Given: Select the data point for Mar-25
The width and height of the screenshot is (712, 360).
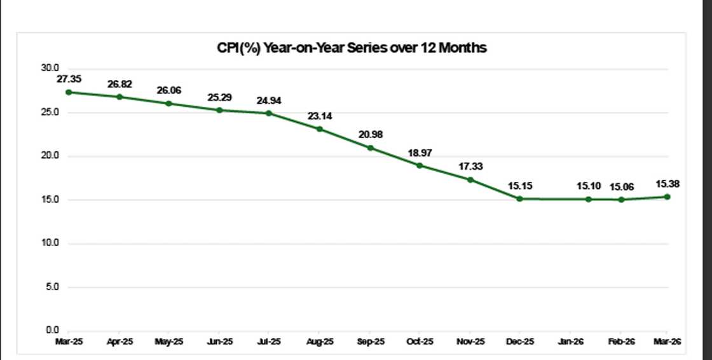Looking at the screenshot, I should [68, 92].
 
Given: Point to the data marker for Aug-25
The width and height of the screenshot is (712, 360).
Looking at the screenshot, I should [320, 129].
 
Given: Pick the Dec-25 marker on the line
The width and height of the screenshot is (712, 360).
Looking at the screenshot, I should [519, 198].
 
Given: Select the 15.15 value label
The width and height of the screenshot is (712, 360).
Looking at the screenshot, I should [519, 185].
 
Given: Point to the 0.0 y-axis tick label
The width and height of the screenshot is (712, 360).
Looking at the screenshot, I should [51, 330].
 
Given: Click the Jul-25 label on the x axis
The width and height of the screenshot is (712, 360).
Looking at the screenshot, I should [269, 342].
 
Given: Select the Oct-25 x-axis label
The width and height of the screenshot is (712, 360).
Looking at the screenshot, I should [420, 342].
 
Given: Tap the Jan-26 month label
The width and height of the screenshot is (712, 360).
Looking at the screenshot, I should [570, 342].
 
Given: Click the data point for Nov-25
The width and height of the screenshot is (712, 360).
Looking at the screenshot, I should [470, 179].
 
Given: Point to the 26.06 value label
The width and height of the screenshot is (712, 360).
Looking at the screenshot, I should [169, 90].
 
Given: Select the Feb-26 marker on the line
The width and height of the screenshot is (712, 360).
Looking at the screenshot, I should [621, 200].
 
